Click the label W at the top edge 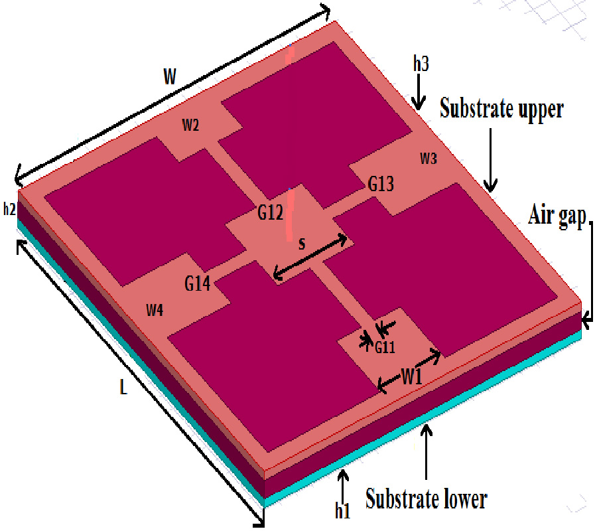[170, 76]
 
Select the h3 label [421, 64]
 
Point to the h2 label [9, 210]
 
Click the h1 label [342, 511]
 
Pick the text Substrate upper [501, 109]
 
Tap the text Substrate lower [427, 497]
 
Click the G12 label [271, 213]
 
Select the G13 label [381, 184]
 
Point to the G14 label [197, 284]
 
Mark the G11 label [385, 346]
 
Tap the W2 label [190, 126]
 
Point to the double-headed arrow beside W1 [409, 370]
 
